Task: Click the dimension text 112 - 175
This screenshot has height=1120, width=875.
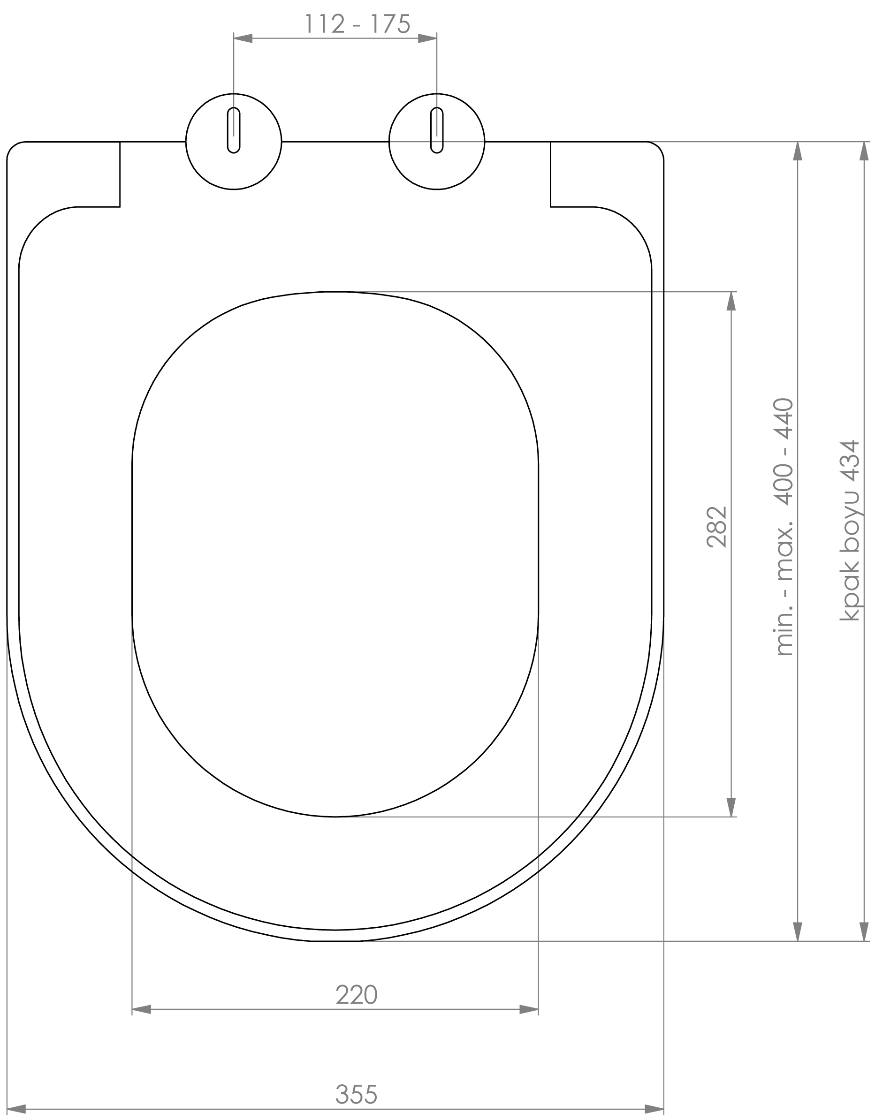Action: pyautogui.click(x=358, y=24)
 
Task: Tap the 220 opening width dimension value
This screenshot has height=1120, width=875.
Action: pyautogui.click(x=357, y=995)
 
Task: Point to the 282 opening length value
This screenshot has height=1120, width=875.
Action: pyautogui.click(x=717, y=527)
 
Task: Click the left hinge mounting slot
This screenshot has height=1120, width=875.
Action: pyautogui.click(x=234, y=130)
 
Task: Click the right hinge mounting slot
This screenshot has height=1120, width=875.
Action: pyautogui.click(x=437, y=130)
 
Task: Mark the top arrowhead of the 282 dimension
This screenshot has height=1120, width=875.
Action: pyautogui.click(x=731, y=302)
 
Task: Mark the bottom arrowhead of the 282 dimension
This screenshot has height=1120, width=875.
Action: pyautogui.click(x=731, y=807)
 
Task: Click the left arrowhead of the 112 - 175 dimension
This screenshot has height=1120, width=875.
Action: pyautogui.click(x=243, y=38)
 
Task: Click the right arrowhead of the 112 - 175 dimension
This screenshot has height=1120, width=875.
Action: pyautogui.click(x=428, y=38)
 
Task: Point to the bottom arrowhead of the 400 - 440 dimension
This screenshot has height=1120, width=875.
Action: pyautogui.click(x=798, y=931)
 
